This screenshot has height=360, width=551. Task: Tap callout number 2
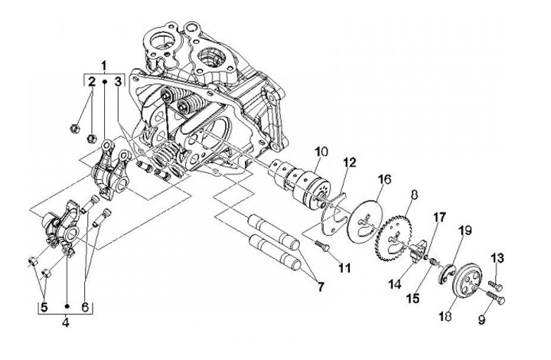[91, 81]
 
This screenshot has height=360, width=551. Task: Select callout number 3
[119, 81]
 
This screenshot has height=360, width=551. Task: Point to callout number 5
[44, 307]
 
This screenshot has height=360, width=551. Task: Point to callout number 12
[350, 162]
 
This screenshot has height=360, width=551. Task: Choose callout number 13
[497, 257]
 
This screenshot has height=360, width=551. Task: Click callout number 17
[439, 218]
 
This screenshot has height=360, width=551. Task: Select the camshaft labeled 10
[306, 183]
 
